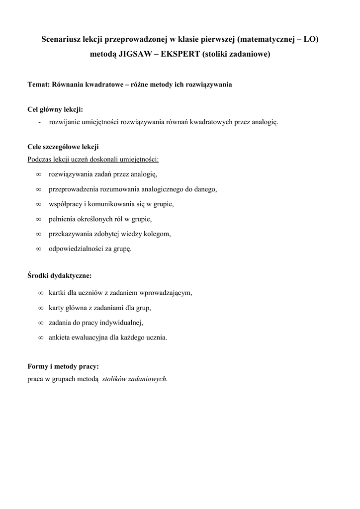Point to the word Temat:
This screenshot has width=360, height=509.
pyautogui.click(x=38, y=85)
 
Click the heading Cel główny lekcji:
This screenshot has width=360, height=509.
pyautogui.click(x=55, y=109)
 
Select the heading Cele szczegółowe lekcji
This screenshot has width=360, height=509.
pyautogui.click(x=63, y=147)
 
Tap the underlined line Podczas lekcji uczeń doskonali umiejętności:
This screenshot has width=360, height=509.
pyautogui.click(x=93, y=160)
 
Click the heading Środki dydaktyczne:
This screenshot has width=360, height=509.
pyautogui.click(x=59, y=274)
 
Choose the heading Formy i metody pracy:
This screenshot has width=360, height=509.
pyautogui.click(x=63, y=366)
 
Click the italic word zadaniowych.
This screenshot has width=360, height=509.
pyautogui.click(x=148, y=379)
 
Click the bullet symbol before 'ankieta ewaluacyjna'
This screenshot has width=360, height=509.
pyautogui.click(x=41, y=338)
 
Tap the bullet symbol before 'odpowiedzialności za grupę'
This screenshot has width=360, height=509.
pyautogui.click(x=38, y=249)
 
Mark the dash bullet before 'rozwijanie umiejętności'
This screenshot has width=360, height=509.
pyautogui.click(x=39, y=122)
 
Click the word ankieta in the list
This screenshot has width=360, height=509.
pyautogui.click(x=60, y=338)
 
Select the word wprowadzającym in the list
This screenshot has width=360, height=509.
pyautogui.click(x=168, y=293)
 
